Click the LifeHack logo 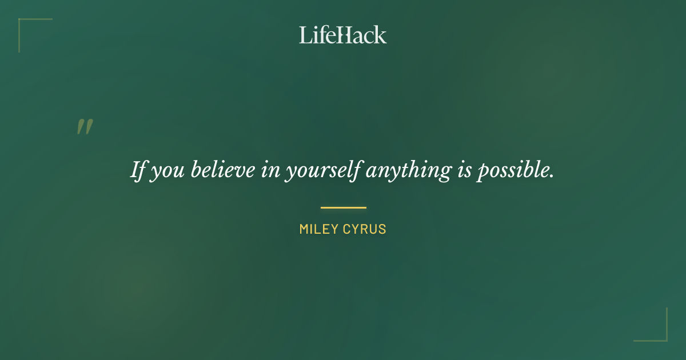343,35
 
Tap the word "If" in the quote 137,170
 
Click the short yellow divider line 343,207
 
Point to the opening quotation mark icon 85,127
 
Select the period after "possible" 552,177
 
